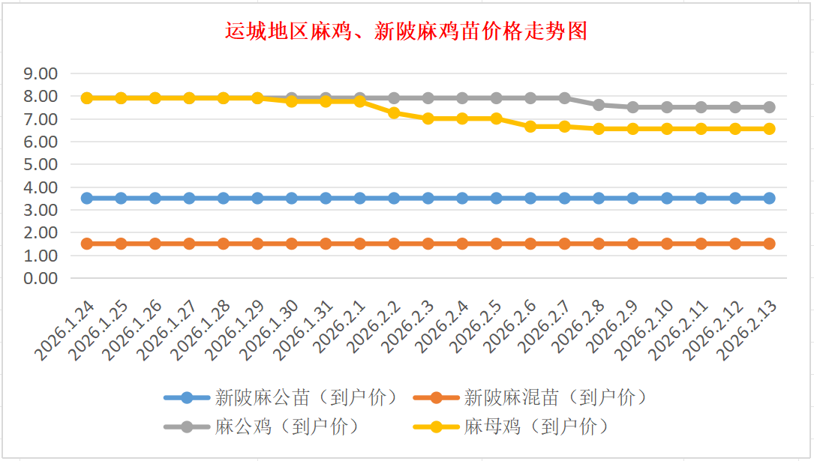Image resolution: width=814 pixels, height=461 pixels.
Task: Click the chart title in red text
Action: [x=406, y=31]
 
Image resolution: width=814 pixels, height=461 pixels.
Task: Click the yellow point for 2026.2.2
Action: [x=394, y=112]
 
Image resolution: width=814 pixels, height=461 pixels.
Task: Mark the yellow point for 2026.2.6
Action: [x=530, y=127]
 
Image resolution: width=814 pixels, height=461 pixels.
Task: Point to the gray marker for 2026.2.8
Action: [x=599, y=105]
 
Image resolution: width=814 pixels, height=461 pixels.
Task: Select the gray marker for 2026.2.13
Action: [x=769, y=107]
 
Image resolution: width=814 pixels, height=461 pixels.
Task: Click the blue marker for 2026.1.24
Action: [x=87, y=198]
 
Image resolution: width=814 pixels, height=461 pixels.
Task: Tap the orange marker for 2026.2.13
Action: [x=769, y=244]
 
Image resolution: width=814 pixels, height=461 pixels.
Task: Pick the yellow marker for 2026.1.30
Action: [x=292, y=101]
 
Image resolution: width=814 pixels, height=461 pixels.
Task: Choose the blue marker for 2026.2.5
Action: [x=496, y=198]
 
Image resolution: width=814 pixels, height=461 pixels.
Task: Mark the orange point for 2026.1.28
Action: [x=224, y=244]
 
